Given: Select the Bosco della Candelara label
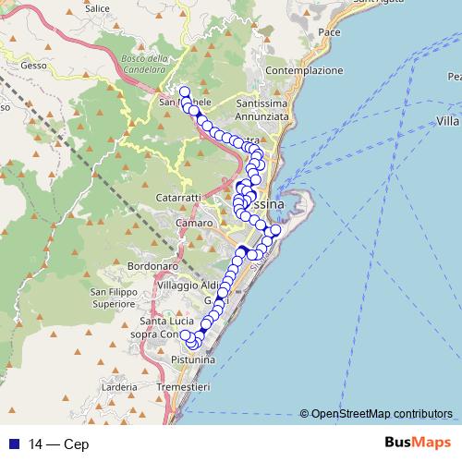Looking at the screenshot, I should click(144, 64).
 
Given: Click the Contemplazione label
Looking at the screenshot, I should click(304, 70).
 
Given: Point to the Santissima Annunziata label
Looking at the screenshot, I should click(263, 110).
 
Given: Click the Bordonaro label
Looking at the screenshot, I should click(128, 266).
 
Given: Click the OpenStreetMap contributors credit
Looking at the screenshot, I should click(381, 414).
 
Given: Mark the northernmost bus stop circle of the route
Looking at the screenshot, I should click(184, 91).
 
